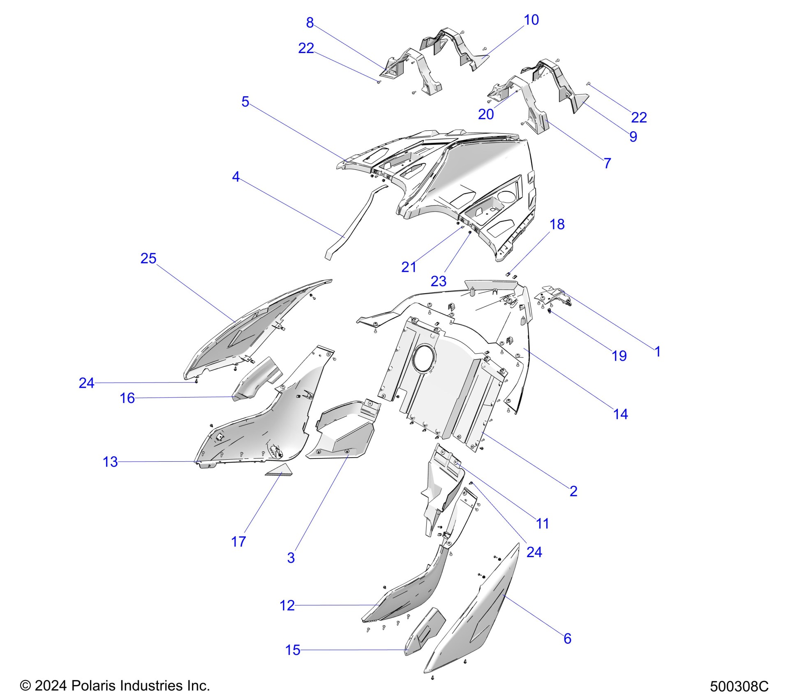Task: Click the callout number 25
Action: (x=148, y=258)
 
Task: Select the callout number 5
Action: (x=245, y=102)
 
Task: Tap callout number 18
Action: (x=557, y=224)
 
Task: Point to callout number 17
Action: (x=238, y=542)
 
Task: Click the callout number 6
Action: (x=567, y=638)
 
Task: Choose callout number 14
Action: (x=620, y=414)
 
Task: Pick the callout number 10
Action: (x=531, y=20)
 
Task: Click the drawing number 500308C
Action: (x=739, y=686)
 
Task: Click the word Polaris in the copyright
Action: (x=90, y=685)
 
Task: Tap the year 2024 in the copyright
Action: (x=51, y=685)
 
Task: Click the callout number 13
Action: (x=110, y=462)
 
